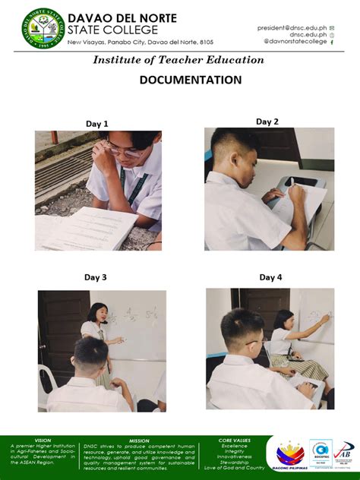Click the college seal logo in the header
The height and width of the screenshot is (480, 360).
[43, 28]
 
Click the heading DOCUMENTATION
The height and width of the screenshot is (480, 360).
[191, 80]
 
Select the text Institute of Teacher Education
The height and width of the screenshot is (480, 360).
[178, 60]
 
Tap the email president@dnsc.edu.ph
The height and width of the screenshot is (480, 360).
[292, 27]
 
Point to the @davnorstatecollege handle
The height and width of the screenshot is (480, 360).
[295, 42]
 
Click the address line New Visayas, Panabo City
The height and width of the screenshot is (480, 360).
[141, 43]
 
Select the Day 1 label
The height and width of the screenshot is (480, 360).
[96, 124]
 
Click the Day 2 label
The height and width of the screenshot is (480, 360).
[267, 122]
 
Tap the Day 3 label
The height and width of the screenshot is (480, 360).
[95, 277]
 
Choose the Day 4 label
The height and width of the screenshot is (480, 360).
[270, 277]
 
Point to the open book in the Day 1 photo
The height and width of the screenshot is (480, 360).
[87, 228]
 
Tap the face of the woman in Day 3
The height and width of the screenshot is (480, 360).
[99, 314]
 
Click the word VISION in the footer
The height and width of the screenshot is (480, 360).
[43, 441]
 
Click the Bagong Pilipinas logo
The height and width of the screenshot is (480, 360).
[290, 456]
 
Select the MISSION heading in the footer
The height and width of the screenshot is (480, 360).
[139, 441]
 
